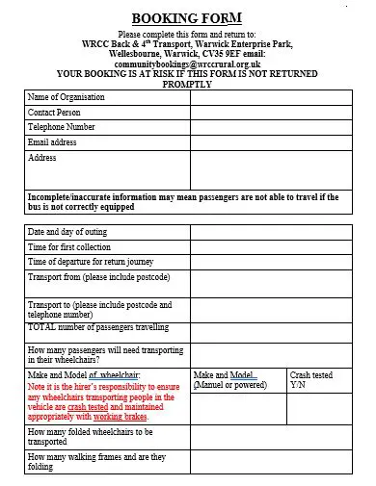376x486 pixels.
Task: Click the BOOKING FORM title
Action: [x=187, y=17]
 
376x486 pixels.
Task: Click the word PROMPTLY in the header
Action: [x=187, y=83]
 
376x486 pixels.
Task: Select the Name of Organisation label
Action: [x=67, y=97]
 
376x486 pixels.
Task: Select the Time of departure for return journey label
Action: [x=91, y=262]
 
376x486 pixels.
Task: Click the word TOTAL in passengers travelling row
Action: [x=41, y=327]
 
